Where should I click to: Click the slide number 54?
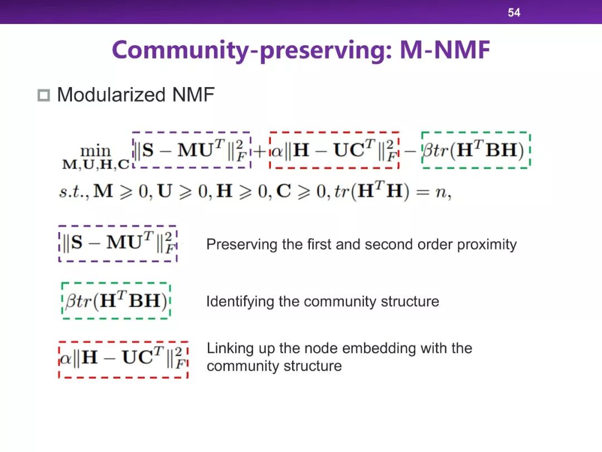tap(513, 12)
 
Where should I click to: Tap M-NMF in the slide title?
tap(445, 50)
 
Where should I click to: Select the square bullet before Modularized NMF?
tap(43, 95)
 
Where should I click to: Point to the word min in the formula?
tap(95, 151)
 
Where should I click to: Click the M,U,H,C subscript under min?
tap(95, 164)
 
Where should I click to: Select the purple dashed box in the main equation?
tap(191, 150)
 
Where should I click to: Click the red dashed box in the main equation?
tap(334, 150)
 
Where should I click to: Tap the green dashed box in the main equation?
tap(475, 150)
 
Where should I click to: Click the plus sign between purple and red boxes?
tap(260, 151)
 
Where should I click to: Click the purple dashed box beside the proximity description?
tap(118, 244)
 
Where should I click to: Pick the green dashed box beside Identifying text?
tap(116, 301)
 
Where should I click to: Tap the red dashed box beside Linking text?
tap(123, 359)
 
